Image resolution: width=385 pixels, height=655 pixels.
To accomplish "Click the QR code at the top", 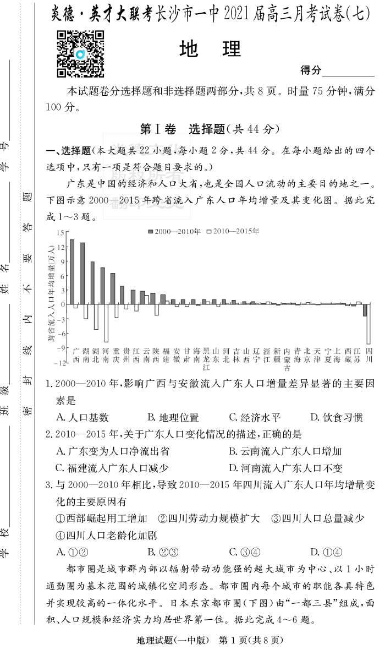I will (x=80, y=53).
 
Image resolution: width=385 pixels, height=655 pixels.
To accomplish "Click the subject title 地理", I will (x=210, y=50).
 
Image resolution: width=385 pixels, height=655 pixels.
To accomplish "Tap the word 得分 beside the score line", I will (x=310, y=70).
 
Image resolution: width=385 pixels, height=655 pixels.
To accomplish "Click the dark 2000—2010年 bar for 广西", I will (x=72, y=272).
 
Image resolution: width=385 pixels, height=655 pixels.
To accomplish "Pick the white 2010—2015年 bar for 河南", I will (x=106, y=323).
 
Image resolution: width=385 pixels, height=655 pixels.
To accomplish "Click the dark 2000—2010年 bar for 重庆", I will (x=113, y=288).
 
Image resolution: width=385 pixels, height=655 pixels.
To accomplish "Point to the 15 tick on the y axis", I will (x=61, y=233).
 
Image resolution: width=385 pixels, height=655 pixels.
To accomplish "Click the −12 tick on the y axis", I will (x=59, y=363).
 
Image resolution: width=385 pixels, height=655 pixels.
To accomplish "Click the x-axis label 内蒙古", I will (x=287, y=359).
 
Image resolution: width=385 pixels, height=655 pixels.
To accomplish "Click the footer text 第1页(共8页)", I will (x=250, y=640).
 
